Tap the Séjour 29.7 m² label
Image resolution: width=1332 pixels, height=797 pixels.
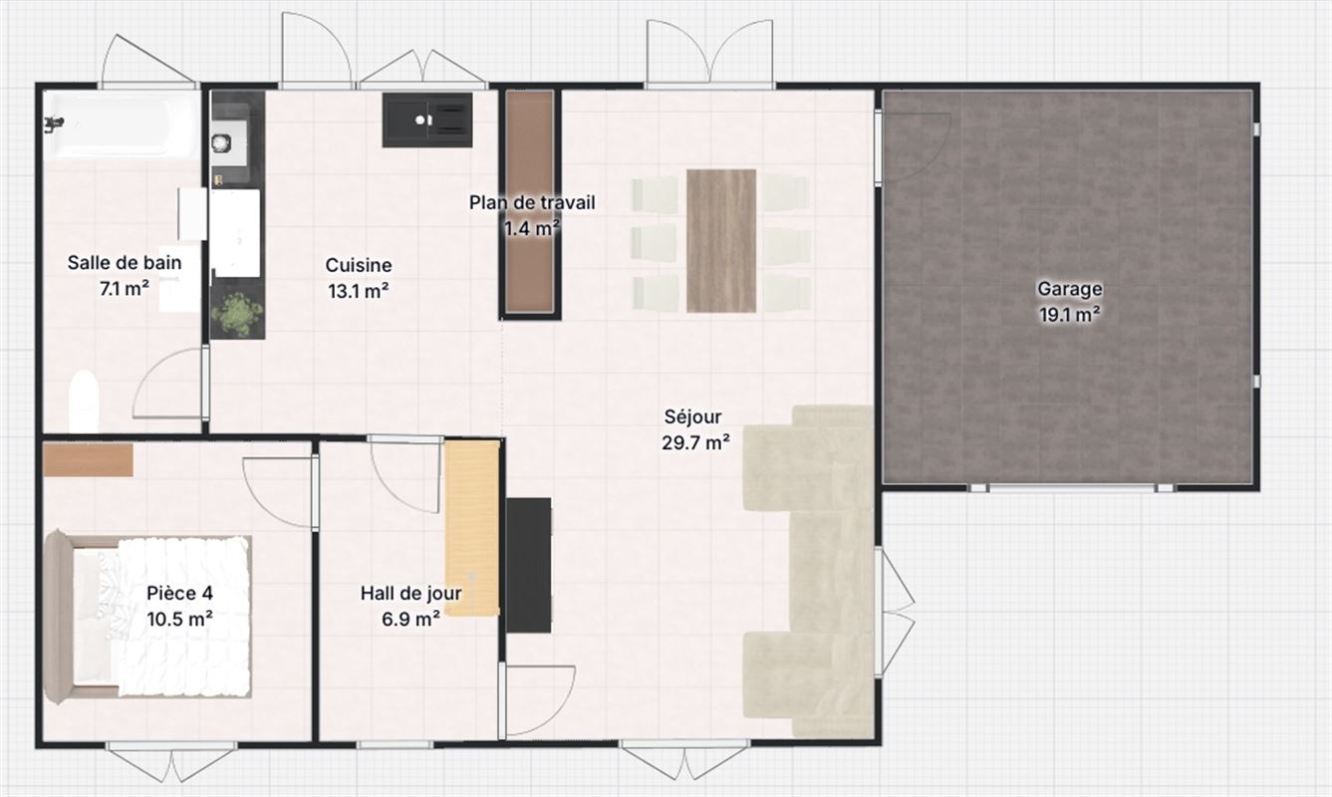(695, 429)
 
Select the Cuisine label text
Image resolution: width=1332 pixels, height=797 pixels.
(359, 265)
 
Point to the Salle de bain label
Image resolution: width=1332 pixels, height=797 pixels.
(125, 262)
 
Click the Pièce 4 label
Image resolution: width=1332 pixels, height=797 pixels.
(179, 593)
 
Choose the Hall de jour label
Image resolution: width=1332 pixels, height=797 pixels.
(410, 593)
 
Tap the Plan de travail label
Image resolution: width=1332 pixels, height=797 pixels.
(532, 203)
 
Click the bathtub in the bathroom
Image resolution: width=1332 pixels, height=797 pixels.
(122, 125)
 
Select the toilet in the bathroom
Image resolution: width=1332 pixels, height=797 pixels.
(84, 401)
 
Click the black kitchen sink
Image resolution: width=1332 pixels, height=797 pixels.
(427, 120)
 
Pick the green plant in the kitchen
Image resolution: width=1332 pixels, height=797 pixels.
(238, 314)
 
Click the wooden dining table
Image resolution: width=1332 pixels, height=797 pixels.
(721, 241)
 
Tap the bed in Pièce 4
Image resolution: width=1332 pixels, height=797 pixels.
(147, 617)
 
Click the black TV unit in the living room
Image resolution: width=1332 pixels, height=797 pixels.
(529, 565)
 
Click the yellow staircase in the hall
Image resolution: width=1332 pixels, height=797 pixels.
(472, 528)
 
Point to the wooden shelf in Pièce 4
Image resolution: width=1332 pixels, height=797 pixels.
(88, 459)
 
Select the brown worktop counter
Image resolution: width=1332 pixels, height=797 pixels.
(529, 201)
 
